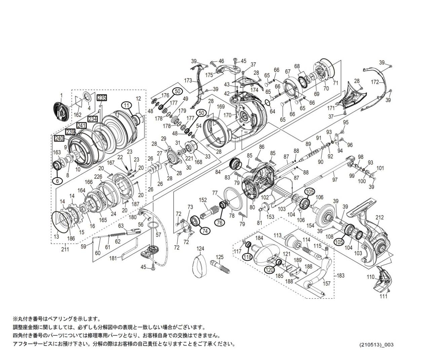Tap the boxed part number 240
point(59,138)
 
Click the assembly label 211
point(65,249)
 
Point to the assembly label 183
point(341,276)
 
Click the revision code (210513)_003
point(376,345)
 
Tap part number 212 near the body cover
point(379,218)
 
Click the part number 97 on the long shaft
point(334,180)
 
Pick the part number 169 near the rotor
point(221,107)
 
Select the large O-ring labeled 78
point(231,215)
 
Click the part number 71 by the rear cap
point(335,83)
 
